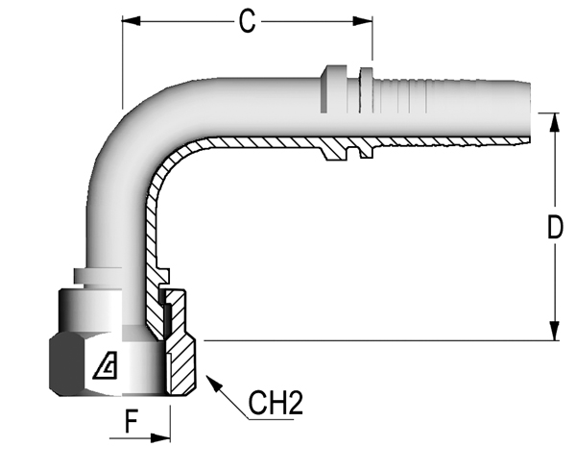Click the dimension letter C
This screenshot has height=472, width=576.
247,22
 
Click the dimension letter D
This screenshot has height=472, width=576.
555,228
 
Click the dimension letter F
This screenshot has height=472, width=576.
132,422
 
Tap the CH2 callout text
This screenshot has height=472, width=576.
276,403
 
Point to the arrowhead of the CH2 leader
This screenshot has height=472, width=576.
214,383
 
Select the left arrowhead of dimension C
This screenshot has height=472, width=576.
132,21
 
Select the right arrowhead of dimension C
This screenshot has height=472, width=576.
363,21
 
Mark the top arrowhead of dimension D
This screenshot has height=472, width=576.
555,122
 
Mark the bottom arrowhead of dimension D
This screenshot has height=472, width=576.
555,331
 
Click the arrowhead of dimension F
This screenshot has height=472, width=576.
160,438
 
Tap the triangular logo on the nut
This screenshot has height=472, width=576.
106,365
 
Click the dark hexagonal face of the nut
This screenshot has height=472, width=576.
66,364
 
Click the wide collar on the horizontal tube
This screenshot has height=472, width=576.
333,89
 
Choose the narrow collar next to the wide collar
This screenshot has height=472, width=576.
367,90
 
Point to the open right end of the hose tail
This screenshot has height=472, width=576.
529,112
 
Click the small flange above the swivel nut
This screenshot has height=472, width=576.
98,276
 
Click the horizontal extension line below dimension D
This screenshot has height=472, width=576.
381,340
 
